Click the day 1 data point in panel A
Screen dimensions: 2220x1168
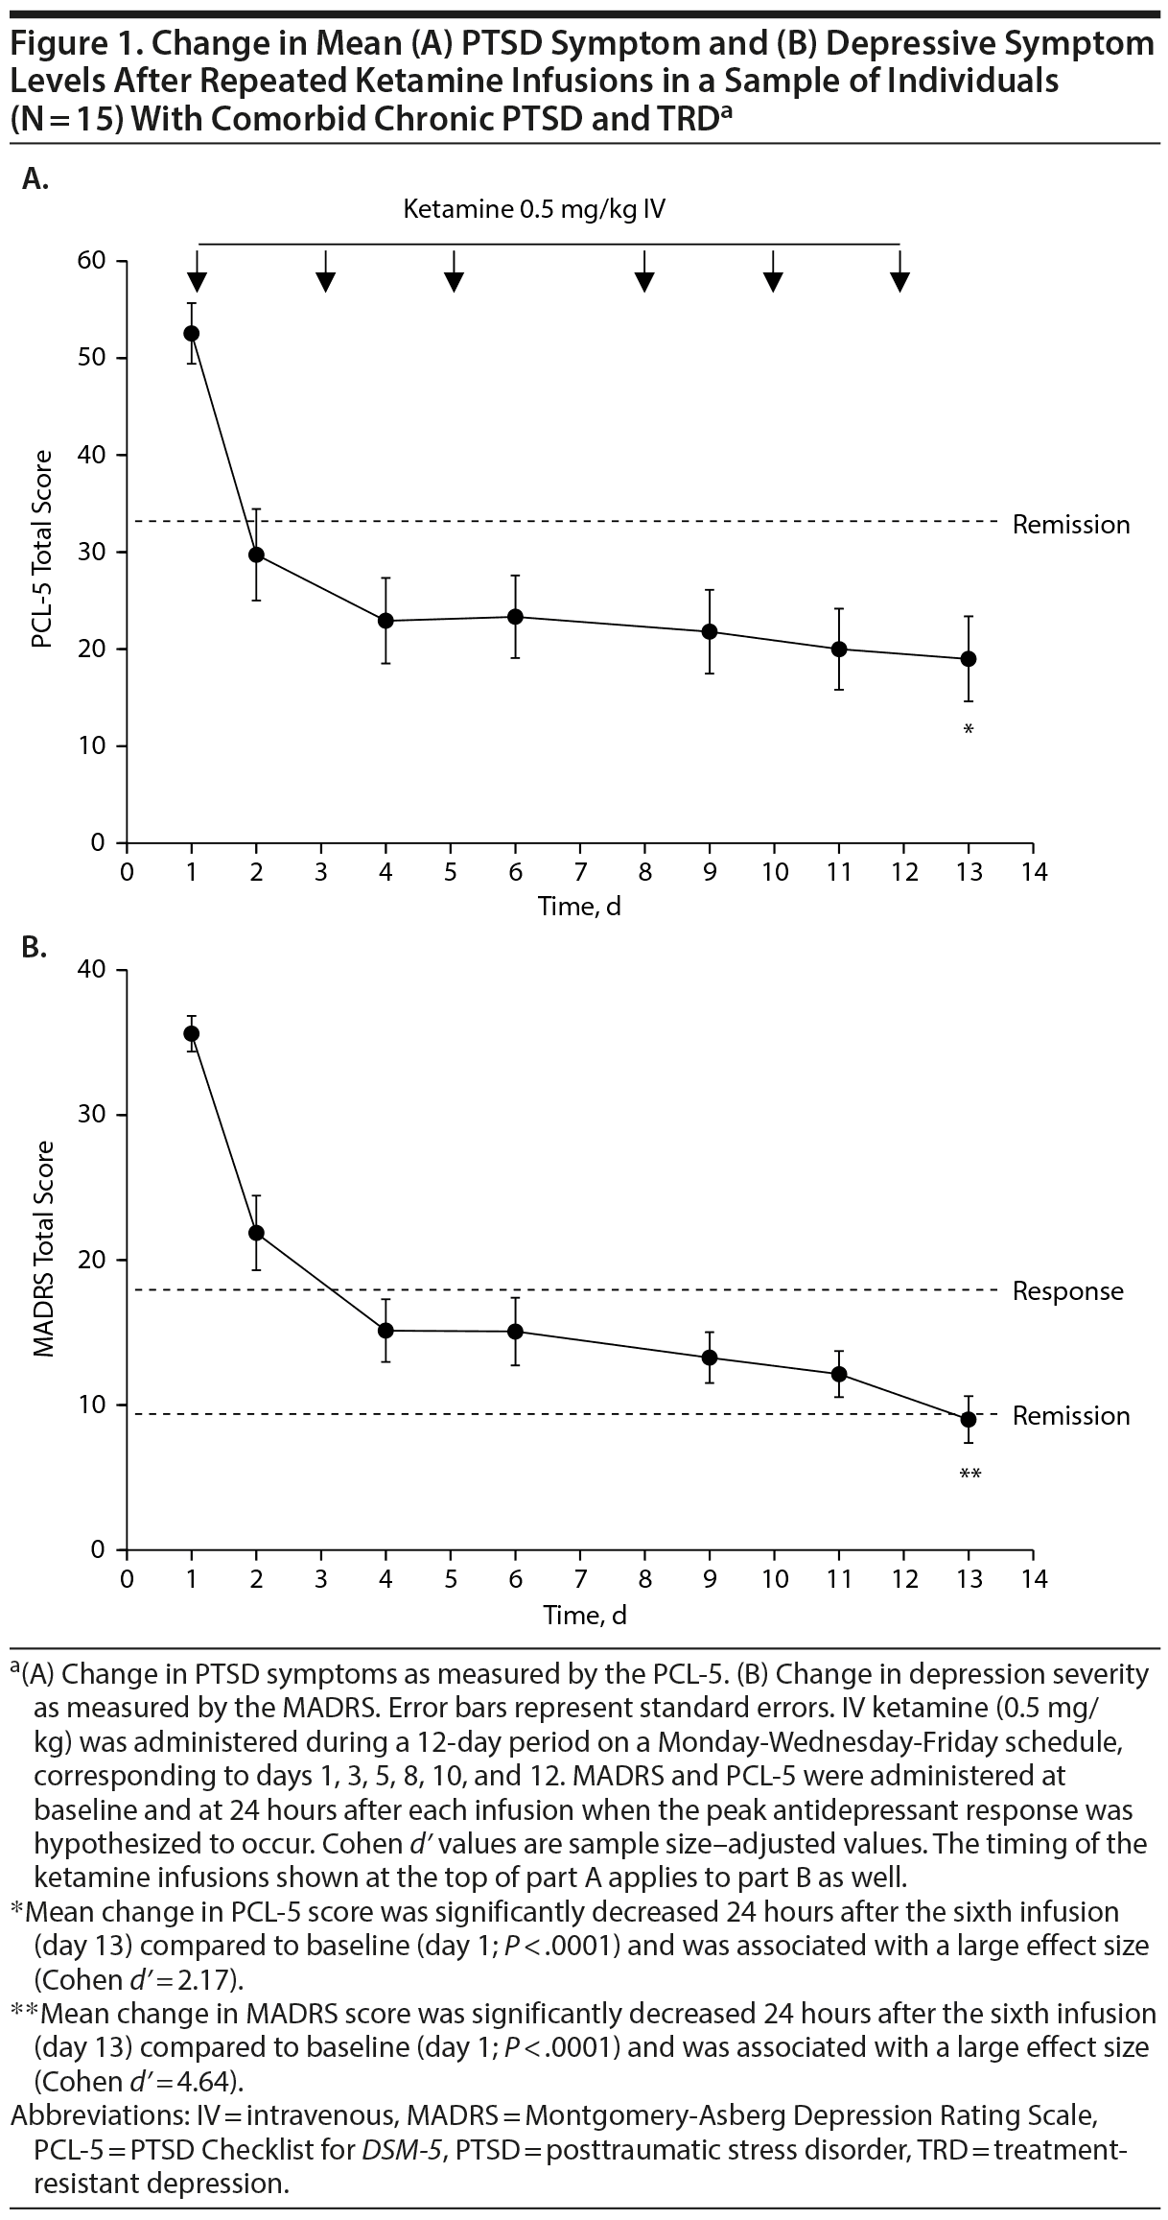coord(192,333)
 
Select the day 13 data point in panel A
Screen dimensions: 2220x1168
coord(969,659)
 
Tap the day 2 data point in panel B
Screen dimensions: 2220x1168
coord(256,1233)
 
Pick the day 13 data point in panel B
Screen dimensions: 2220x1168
coord(969,1419)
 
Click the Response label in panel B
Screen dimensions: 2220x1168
coord(1067,1291)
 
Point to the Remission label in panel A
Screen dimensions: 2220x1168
coord(1071,525)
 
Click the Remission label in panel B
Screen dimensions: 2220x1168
coord(1071,1416)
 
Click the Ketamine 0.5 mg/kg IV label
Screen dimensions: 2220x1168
coord(534,209)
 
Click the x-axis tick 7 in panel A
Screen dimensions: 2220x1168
coord(580,872)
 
